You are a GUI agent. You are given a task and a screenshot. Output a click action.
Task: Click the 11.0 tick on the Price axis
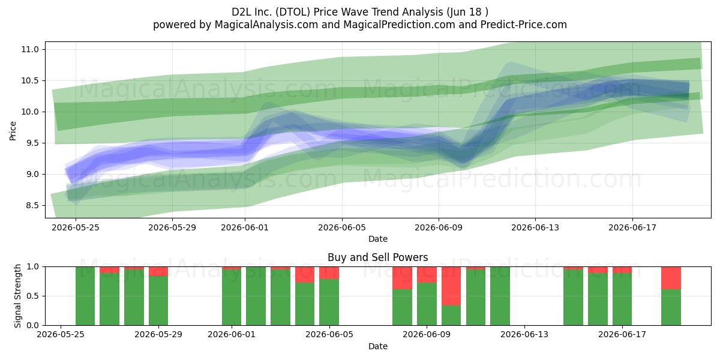coord(30,49)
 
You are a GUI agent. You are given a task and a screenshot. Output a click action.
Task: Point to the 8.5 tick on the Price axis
coord(32,206)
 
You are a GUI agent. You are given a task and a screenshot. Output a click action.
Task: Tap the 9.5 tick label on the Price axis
coord(32,143)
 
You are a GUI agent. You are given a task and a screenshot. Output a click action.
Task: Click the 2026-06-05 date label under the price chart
coord(342,227)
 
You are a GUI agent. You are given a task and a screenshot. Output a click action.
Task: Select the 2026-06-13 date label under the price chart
coord(535,227)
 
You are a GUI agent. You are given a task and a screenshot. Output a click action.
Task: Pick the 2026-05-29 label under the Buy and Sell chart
coord(158,334)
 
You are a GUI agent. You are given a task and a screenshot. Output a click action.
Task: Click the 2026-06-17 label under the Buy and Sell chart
coord(622,334)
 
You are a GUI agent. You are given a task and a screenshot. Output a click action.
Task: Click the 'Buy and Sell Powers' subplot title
coord(377,257)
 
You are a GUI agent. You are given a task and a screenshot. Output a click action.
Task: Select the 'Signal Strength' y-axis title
coord(17,296)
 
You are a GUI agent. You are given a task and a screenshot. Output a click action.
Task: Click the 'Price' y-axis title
coord(13,131)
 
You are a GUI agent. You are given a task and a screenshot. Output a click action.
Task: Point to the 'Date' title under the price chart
coord(377,239)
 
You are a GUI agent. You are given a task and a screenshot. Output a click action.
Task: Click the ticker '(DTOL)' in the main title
coord(293,12)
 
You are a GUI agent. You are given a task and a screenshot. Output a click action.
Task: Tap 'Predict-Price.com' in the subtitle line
coord(524,25)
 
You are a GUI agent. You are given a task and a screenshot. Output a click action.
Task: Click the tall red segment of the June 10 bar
coord(451,286)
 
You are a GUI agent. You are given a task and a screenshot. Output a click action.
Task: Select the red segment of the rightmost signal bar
coord(671,278)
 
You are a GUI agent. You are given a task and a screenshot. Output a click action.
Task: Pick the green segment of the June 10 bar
coord(451,316)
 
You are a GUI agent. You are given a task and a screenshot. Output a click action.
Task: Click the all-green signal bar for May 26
coord(85,296)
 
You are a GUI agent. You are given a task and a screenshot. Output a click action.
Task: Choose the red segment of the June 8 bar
coord(402,278)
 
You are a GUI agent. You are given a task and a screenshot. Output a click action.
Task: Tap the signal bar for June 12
coord(500,296)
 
